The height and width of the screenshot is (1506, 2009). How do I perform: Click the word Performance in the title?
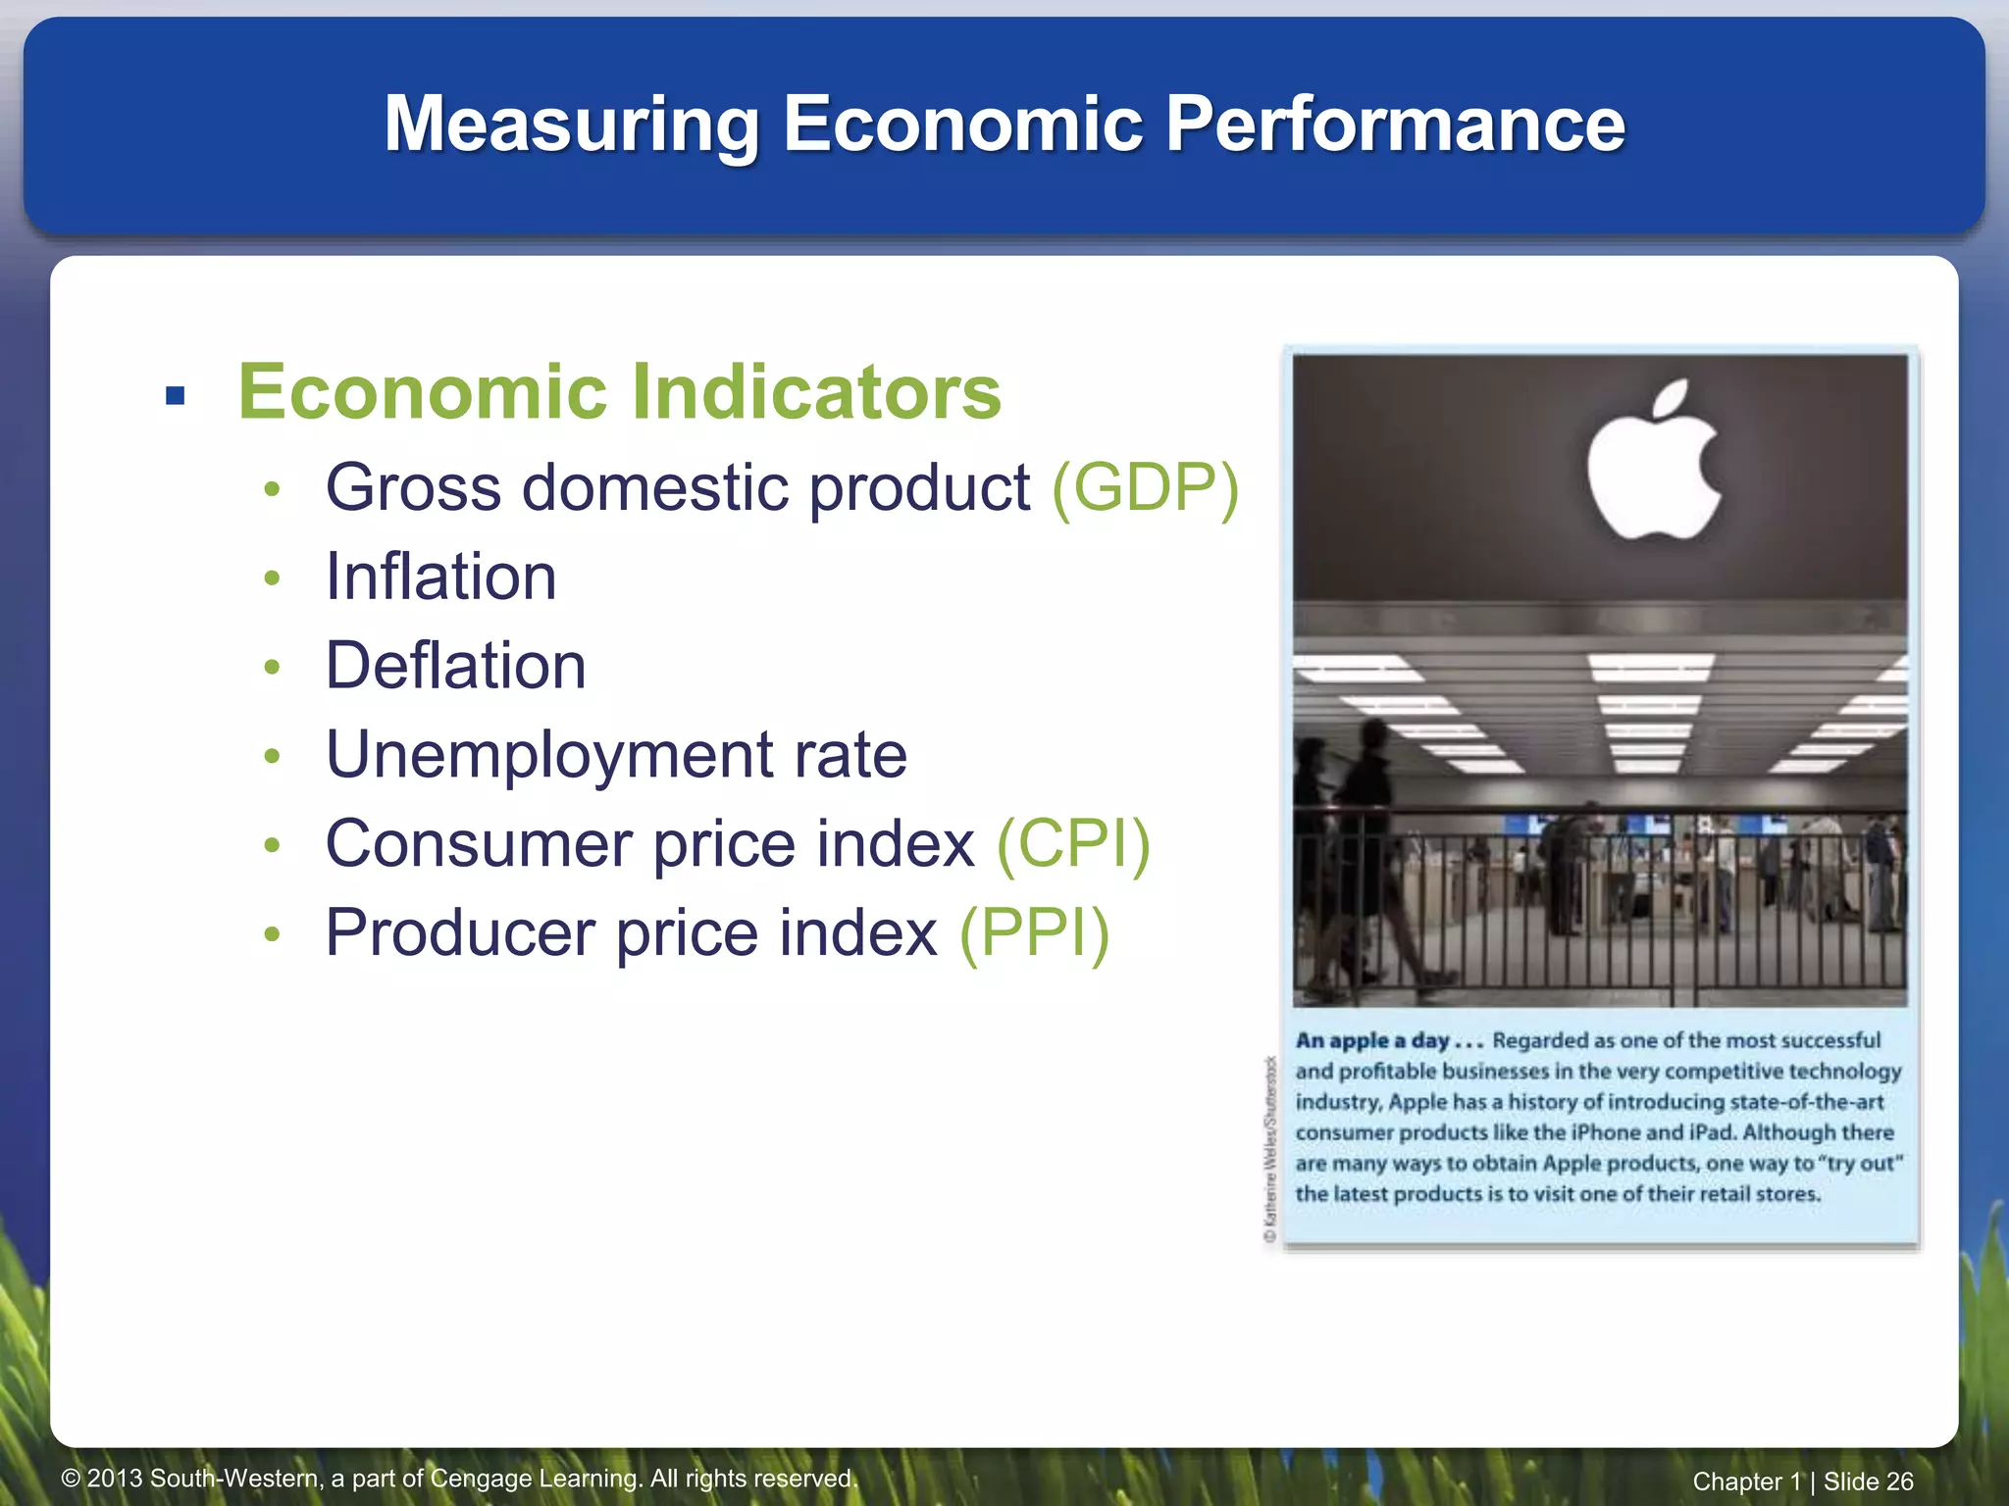(x=1394, y=124)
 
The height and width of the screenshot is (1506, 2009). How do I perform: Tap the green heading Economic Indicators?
(x=619, y=392)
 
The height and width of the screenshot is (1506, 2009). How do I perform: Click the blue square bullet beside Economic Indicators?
(x=176, y=396)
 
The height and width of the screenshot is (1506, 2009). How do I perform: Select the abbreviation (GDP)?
(x=1145, y=487)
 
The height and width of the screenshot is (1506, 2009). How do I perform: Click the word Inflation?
(x=440, y=577)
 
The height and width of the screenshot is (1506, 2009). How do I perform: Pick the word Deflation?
(x=455, y=666)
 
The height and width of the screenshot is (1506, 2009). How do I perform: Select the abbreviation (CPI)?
(x=1073, y=844)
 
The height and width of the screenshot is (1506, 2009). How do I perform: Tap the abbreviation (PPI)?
(x=1034, y=933)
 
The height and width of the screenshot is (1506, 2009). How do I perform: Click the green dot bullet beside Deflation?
(x=273, y=668)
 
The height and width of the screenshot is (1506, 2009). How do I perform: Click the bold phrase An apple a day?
(x=1372, y=1040)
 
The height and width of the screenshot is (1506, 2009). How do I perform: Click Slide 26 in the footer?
(x=1868, y=1481)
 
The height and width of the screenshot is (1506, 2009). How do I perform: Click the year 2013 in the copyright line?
(x=116, y=1479)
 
